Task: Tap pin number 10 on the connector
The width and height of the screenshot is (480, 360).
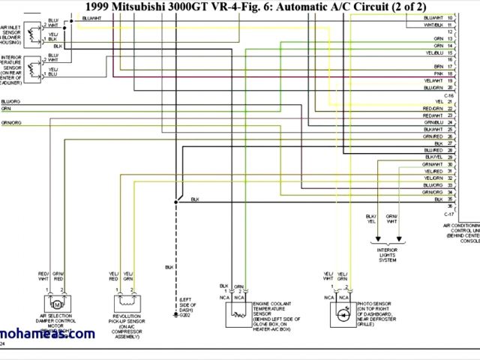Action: (449, 17)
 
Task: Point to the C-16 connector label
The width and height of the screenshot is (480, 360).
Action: (449, 94)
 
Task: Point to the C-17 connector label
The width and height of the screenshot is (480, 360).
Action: (449, 213)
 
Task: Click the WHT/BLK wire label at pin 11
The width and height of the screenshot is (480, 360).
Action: (433, 25)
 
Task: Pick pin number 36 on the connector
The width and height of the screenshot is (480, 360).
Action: (450, 205)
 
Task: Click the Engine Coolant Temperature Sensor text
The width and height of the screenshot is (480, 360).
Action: (271, 308)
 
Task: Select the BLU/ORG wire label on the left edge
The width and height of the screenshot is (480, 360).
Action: (10, 100)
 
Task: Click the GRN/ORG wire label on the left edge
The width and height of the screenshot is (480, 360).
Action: (10, 121)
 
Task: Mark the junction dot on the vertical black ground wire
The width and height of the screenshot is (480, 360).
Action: (175, 201)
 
